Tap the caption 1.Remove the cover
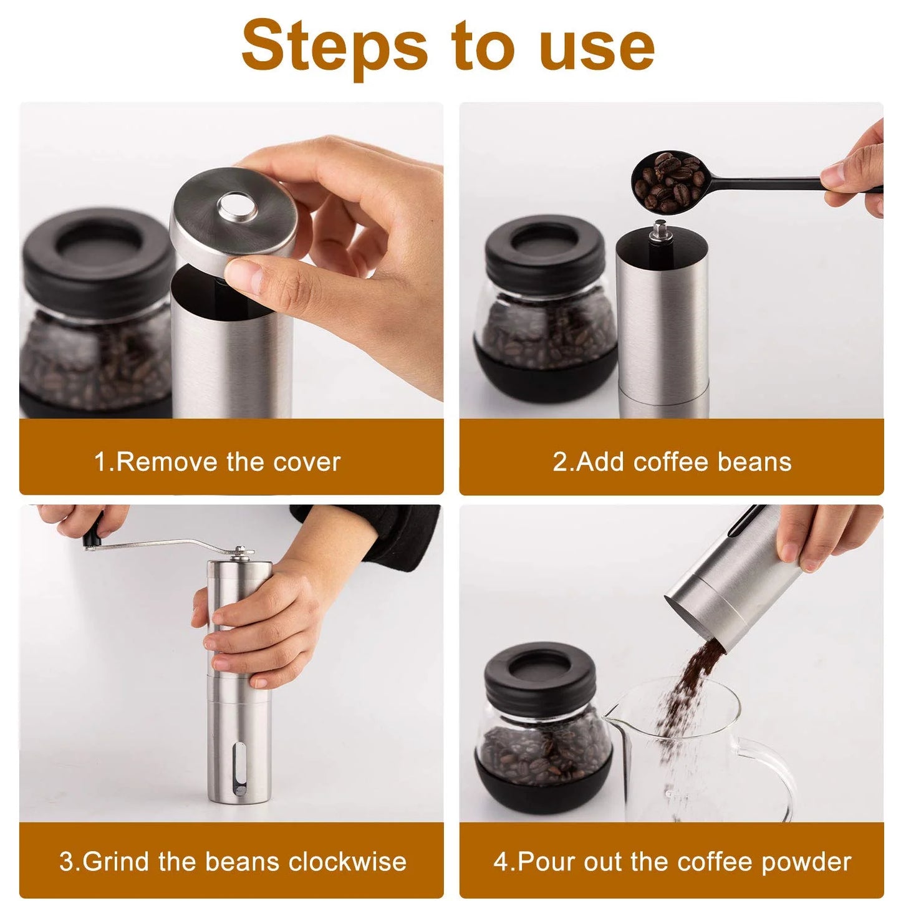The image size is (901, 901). pos(217,463)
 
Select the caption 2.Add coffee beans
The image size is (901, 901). pos(672,463)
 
